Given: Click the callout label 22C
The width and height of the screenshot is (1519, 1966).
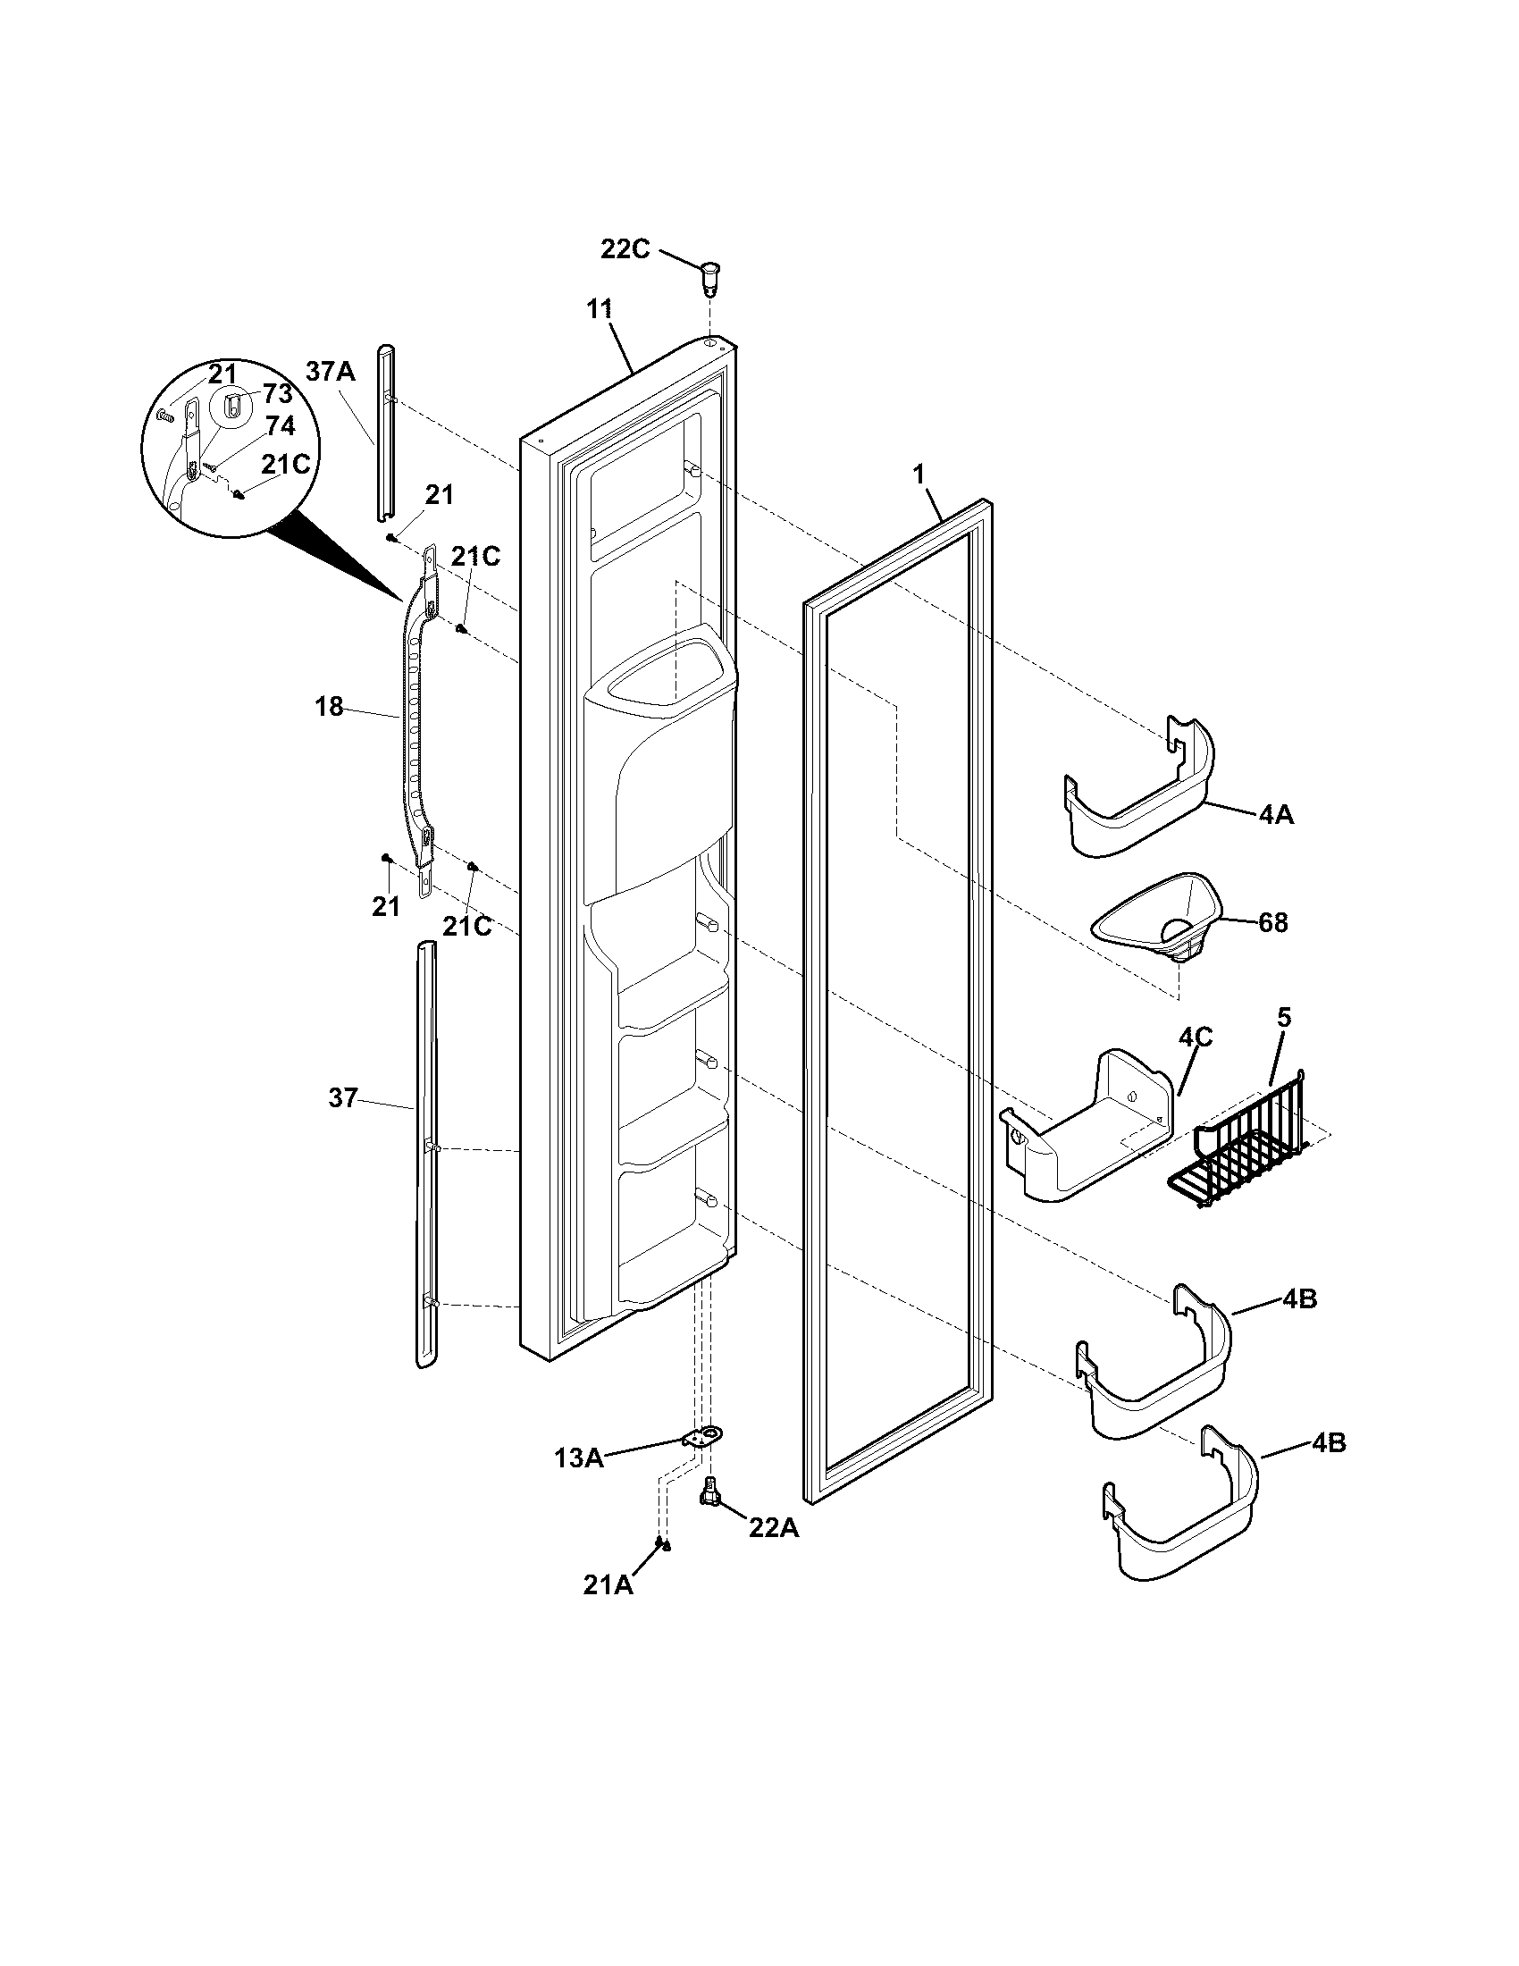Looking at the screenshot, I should [625, 249].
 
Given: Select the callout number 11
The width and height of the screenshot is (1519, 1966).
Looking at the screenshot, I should [600, 309].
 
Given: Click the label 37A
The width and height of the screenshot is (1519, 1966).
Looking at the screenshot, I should [331, 371].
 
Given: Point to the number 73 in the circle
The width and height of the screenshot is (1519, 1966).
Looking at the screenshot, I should [278, 393].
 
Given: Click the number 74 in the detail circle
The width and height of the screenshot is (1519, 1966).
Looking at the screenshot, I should [280, 424].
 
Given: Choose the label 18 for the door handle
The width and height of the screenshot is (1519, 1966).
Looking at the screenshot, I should [330, 708].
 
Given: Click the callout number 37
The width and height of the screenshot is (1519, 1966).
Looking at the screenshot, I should [342, 1097].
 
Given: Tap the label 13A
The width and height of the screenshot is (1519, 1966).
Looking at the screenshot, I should [578, 1458].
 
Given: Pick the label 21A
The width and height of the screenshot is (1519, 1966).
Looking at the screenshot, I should [608, 1586].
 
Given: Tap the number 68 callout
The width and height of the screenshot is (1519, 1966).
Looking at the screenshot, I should [1272, 923].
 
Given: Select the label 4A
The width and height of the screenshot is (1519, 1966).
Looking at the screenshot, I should [1276, 815].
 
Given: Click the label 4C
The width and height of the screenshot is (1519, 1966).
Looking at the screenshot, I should [1195, 1037].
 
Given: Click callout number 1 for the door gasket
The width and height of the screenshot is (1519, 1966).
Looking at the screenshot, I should [919, 475].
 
